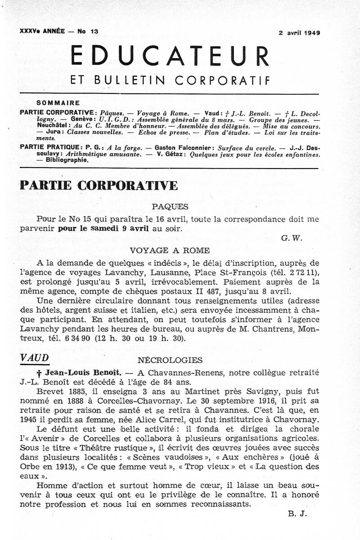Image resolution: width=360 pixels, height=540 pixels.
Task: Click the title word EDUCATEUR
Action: [170, 57]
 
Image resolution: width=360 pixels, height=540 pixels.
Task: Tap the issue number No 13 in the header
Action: [88, 31]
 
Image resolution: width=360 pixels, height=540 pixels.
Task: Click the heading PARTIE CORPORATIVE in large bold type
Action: [99, 185]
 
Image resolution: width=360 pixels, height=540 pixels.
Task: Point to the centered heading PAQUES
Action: [170, 206]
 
